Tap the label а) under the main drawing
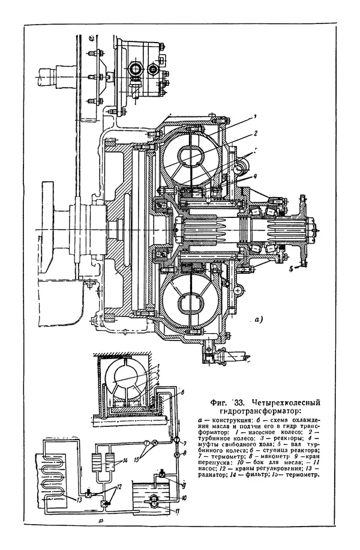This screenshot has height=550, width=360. coord(259,319)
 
